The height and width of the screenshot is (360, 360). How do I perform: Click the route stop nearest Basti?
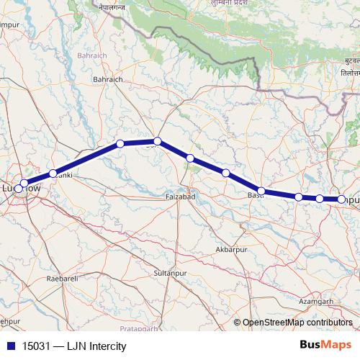point(261,192)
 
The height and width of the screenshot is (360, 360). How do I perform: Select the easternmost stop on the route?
point(341,199)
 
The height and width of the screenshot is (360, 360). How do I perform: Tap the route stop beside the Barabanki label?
point(53,174)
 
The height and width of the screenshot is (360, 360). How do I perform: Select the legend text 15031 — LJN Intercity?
point(69,346)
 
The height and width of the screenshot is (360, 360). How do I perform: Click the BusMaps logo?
point(325,346)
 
